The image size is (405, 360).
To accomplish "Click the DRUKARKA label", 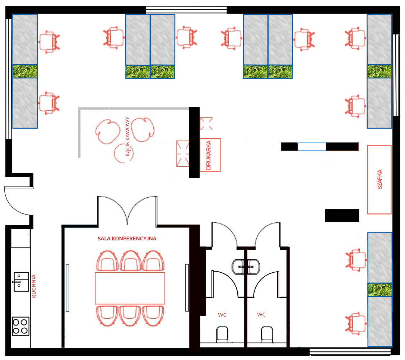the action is (x=209, y=155).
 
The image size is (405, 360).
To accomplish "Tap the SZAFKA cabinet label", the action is (x=380, y=180).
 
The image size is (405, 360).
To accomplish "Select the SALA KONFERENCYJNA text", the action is (x=127, y=239).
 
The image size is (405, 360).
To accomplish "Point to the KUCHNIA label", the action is (x=34, y=286).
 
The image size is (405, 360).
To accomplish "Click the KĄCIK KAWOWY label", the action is (x=127, y=137).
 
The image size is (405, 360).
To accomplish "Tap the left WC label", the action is (x=222, y=315).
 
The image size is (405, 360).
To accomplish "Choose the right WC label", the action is (x=261, y=314).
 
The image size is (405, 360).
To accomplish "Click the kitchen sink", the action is (x=21, y=282).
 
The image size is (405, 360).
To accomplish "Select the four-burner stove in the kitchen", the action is (x=21, y=326).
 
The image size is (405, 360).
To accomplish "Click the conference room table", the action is (x=130, y=288).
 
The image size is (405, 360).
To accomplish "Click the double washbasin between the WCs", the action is (x=246, y=267).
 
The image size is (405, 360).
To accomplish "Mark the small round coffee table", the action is (x=124, y=153).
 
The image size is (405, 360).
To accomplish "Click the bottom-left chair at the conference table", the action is (x=107, y=315).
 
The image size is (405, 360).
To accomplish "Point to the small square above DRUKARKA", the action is (x=206, y=124).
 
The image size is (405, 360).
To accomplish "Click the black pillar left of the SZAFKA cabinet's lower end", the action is (x=342, y=215).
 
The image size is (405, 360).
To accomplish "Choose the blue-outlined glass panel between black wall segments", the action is (x=312, y=147).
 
